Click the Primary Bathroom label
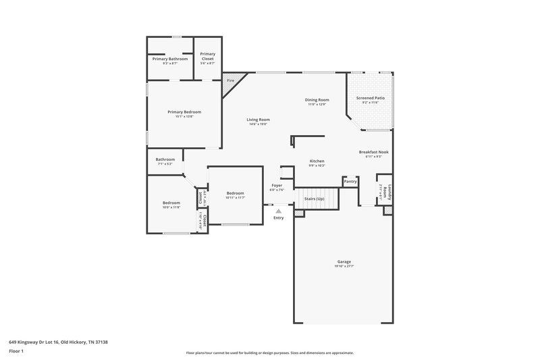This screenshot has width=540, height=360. (169, 59)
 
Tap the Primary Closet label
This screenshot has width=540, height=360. (207, 56)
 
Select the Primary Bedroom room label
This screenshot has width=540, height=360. (184, 112)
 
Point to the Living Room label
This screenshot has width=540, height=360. (258, 120)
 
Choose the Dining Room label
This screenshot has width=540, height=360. (317, 101)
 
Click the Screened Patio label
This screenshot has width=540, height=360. (370, 99)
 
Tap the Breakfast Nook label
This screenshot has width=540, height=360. (373, 153)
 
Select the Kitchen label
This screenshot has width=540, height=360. (317, 161)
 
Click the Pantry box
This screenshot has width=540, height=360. (350, 181)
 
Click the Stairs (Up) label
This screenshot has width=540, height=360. (315, 199)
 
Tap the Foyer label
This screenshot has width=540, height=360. (277, 186)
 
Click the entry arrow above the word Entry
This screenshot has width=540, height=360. (278, 211)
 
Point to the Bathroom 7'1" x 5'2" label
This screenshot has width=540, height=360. (165, 160)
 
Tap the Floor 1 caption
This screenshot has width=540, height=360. (16, 351)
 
